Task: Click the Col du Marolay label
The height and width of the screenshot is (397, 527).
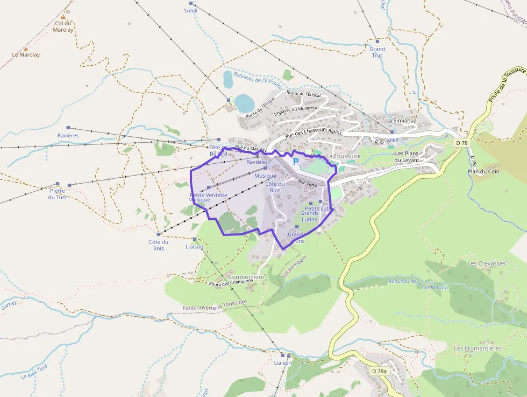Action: [x=63, y=27]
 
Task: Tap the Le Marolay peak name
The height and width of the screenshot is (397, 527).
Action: [x=26, y=54]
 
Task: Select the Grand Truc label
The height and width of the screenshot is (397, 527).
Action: [x=377, y=52]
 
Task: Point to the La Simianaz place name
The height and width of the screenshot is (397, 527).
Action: [x=401, y=121]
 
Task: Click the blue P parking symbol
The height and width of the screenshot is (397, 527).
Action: [x=295, y=161]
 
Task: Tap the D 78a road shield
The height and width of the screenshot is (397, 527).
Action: [x=379, y=371]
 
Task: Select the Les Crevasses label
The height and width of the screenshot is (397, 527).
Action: [x=487, y=263]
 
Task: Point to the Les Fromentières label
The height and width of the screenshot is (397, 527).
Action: [x=478, y=349]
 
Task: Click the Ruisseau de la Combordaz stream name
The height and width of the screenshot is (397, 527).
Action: [x=418, y=284]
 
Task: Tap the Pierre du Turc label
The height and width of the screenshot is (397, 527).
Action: [x=57, y=194]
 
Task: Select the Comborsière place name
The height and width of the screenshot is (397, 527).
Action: [x=246, y=277]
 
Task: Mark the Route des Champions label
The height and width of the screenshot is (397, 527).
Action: [x=231, y=283]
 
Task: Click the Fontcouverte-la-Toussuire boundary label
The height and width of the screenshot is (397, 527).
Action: [x=215, y=305]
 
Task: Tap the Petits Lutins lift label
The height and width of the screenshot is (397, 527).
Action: [x=320, y=208]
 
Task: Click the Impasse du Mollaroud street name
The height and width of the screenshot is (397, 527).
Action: [x=296, y=111]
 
